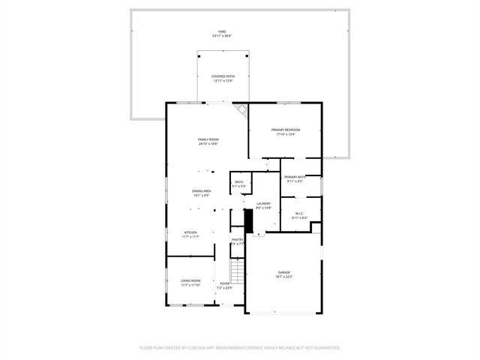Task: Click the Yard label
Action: coord(222,31)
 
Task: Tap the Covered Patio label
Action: coord(222,76)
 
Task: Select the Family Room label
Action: coord(208,140)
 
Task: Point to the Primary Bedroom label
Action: coord(285,130)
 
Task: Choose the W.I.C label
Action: coord(298,214)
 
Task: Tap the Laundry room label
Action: coord(263,203)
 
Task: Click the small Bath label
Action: coord(238,182)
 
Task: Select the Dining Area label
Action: coord(202,191)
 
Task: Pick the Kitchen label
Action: coord(191,232)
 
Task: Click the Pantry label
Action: coord(237,239)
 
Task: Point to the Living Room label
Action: coord(190,280)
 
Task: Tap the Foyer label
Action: coord(224,283)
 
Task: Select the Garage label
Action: coord(284,272)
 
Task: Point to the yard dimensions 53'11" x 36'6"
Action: coord(222,36)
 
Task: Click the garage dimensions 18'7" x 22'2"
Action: coord(284,277)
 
